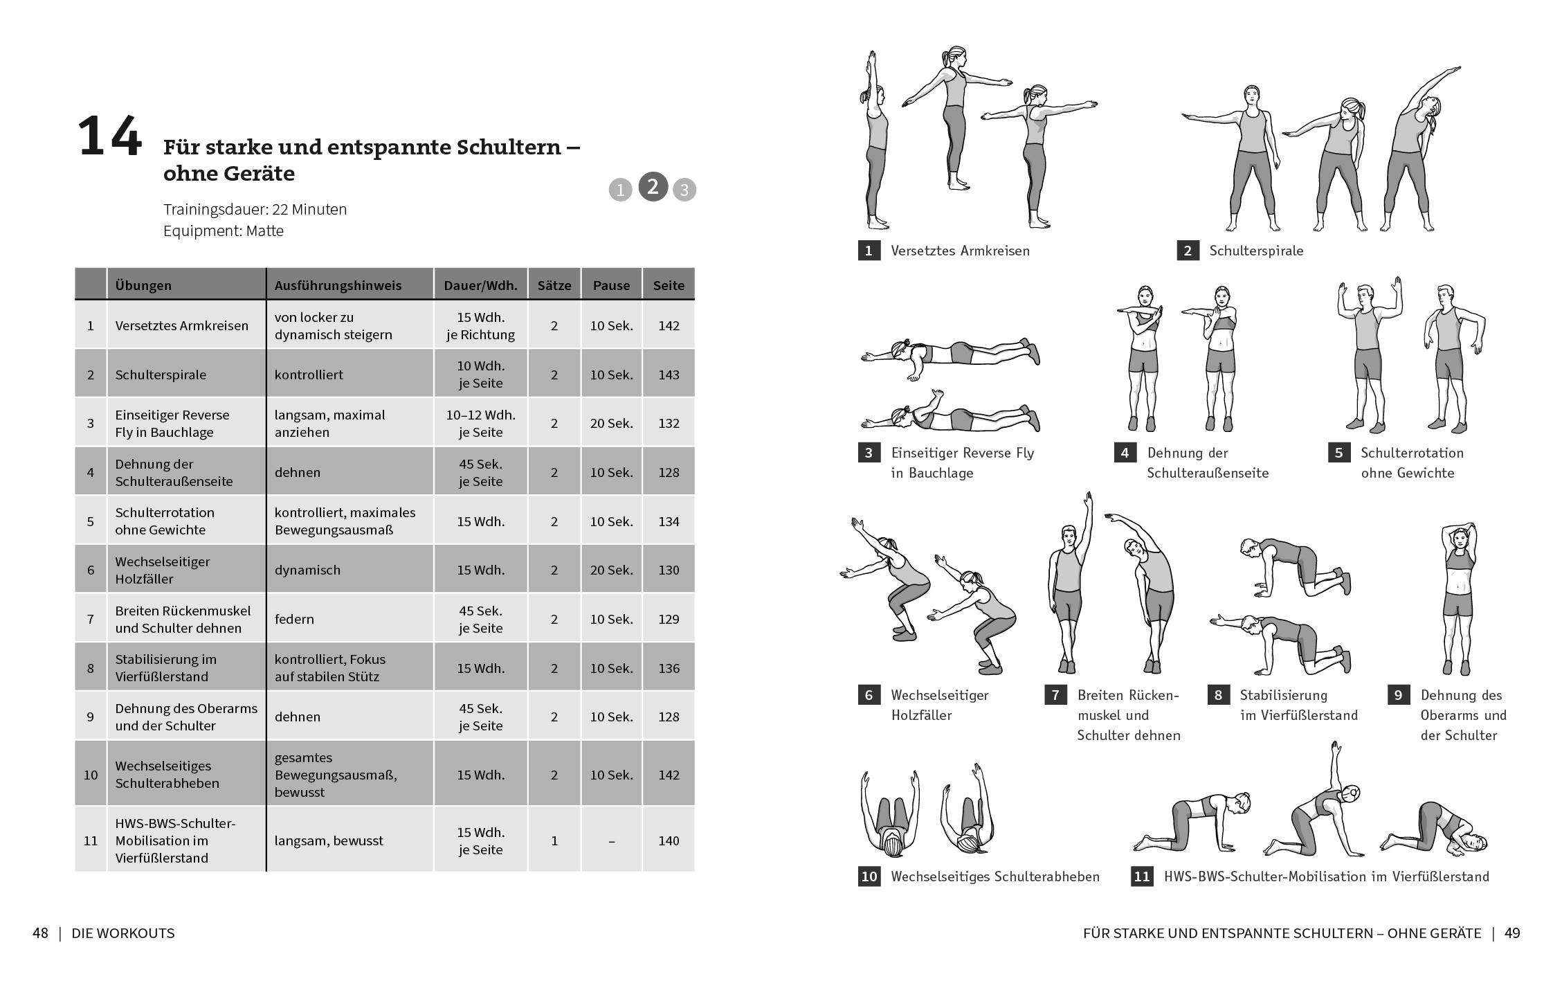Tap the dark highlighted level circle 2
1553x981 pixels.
tap(653, 187)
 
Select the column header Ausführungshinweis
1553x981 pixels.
tap(337, 285)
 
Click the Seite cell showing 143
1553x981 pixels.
tap(669, 375)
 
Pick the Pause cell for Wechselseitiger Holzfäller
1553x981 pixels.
tap(611, 570)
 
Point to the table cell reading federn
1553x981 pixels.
tap(294, 619)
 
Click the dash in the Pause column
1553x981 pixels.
tap(611, 840)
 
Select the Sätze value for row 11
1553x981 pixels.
tap(554, 840)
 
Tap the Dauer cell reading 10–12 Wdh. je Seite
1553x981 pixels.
tap(480, 423)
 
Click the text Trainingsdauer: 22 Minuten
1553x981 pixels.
tap(255, 209)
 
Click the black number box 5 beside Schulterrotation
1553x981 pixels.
tap(1338, 453)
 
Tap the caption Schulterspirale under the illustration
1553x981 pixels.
tap(1255, 251)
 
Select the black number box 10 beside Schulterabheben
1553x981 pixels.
tap(869, 876)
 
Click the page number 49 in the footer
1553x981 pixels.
tap(1512, 933)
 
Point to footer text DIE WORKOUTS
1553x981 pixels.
tap(123, 933)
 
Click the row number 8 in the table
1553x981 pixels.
tap(90, 668)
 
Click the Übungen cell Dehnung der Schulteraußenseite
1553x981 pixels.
tap(174, 472)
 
